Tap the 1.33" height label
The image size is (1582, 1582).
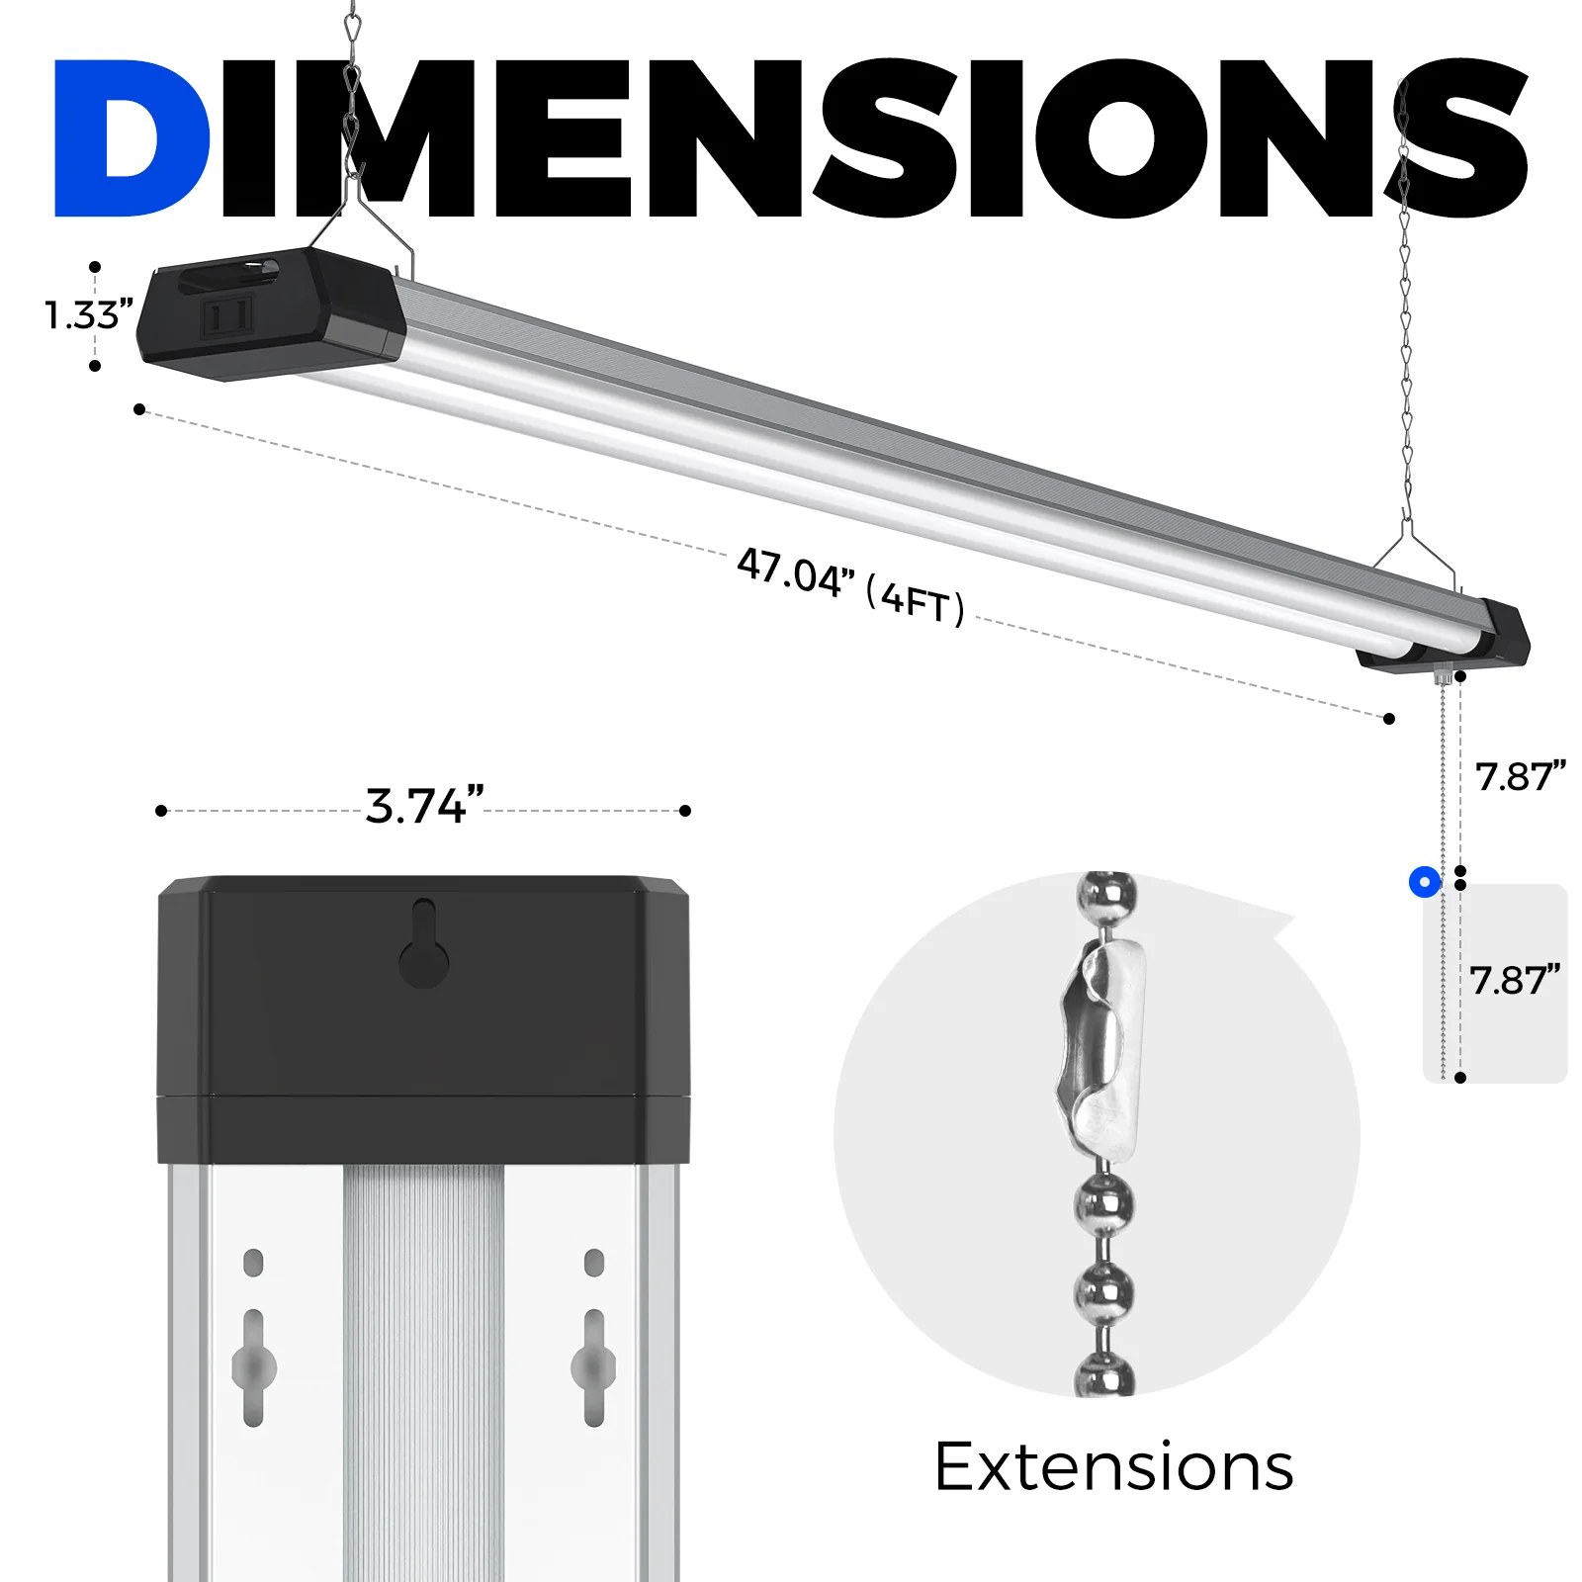coord(88,315)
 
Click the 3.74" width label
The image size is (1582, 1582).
coord(424,806)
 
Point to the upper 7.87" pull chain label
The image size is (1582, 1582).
coord(1520,777)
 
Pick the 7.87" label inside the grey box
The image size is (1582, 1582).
coord(1514,981)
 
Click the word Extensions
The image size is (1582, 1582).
coord(1113,1467)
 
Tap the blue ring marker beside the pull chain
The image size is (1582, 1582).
coord(1425,882)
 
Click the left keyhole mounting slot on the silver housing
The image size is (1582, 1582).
coord(254,1367)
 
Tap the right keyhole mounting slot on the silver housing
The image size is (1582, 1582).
coord(593,1367)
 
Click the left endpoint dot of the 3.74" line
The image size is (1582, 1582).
coord(161,811)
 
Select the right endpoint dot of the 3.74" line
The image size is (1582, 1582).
coord(685,811)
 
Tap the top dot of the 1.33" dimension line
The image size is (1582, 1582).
coord(95,267)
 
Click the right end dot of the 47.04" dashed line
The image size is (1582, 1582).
coord(1389,719)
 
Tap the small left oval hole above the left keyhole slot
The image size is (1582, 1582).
coord(253,1263)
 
